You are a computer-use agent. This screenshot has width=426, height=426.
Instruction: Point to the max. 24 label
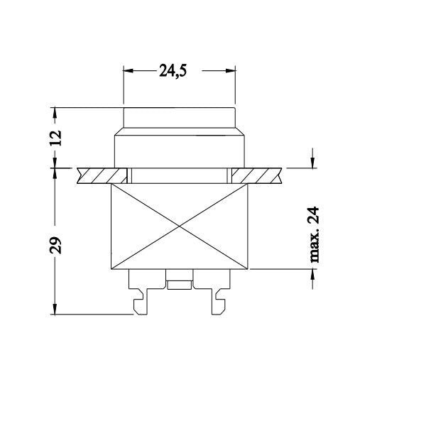tap(313, 235)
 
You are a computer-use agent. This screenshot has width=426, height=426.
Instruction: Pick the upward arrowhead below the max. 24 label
tap(313, 275)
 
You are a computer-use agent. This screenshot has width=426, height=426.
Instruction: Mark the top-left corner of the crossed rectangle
tap(112, 184)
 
